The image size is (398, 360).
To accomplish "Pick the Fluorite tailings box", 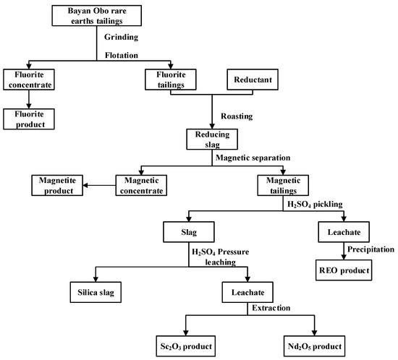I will click(x=172, y=80).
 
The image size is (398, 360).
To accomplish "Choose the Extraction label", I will click(x=272, y=309).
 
